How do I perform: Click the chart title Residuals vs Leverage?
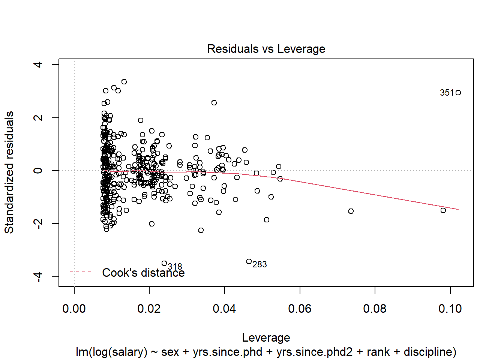tap(266, 49)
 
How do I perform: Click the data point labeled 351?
tap(458, 93)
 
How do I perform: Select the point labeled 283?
tap(249, 261)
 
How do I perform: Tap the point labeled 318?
tap(164, 263)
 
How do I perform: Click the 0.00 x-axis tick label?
tap(74, 309)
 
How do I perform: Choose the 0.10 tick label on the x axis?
tap(450, 309)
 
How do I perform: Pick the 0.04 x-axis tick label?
tap(224, 309)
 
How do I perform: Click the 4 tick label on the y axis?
tap(38, 64)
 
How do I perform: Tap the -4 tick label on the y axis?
tap(38, 277)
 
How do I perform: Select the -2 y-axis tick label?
tap(38, 224)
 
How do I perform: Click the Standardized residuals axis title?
tap(9, 172)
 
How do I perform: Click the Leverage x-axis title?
tap(266, 337)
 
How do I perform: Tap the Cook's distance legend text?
tap(143, 273)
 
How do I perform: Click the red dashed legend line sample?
tap(81, 272)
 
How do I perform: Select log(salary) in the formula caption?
tap(111, 352)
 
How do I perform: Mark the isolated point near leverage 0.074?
tap(351, 211)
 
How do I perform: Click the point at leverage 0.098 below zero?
tap(443, 210)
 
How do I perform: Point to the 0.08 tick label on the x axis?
tap(375, 309)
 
